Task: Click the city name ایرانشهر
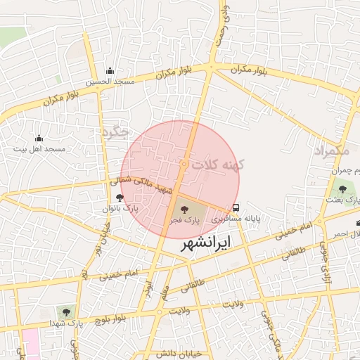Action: (x=209, y=245)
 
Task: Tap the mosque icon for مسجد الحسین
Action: (x=110, y=71)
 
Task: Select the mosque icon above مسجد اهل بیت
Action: (x=39, y=138)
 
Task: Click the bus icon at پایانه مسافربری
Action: (x=236, y=208)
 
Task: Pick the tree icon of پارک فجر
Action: (x=184, y=208)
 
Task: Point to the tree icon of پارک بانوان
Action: (x=120, y=198)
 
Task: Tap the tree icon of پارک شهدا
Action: (x=66, y=311)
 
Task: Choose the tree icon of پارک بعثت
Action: (x=342, y=188)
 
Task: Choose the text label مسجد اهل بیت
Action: (x=41, y=150)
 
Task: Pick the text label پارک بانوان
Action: (x=120, y=210)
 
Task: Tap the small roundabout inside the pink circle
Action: (x=184, y=164)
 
